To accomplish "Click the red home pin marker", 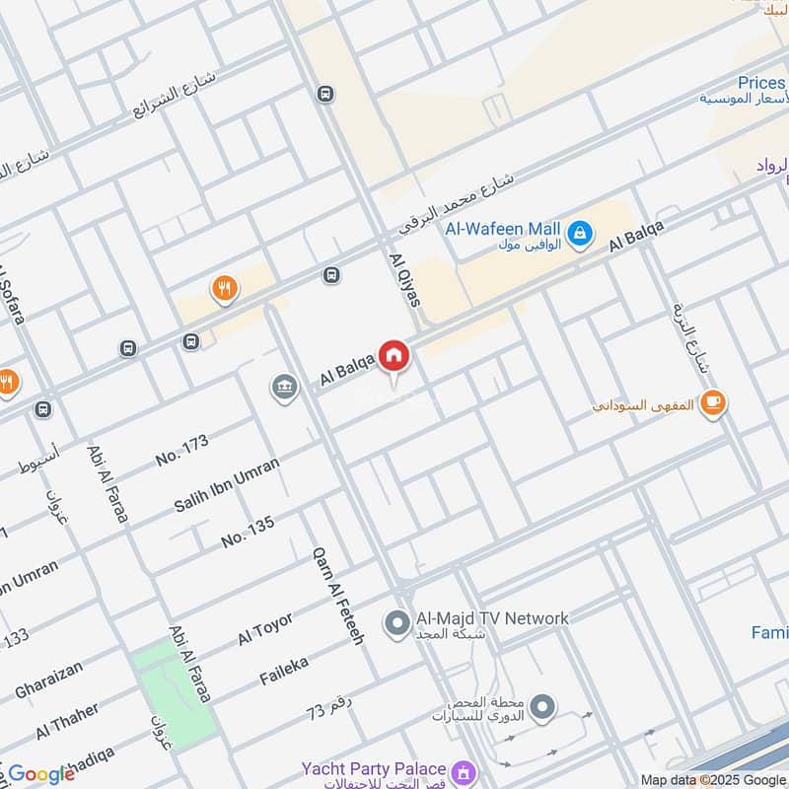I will [394, 355].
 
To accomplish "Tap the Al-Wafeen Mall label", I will [503, 230].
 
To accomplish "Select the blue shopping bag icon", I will [582, 233].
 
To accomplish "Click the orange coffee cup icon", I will [713, 402].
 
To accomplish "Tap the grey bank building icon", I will [285, 388].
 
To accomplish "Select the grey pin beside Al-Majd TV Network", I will [397, 623].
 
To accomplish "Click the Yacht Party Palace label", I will [374, 769].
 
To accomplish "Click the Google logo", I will [40, 774].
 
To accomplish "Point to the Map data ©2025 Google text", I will [712, 779].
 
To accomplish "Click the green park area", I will [174, 690].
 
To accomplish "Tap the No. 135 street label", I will [248, 533].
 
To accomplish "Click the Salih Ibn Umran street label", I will [227, 484].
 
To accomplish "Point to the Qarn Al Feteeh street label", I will [338, 596].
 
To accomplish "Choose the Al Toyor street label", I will [265, 628].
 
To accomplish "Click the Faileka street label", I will [284, 672].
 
